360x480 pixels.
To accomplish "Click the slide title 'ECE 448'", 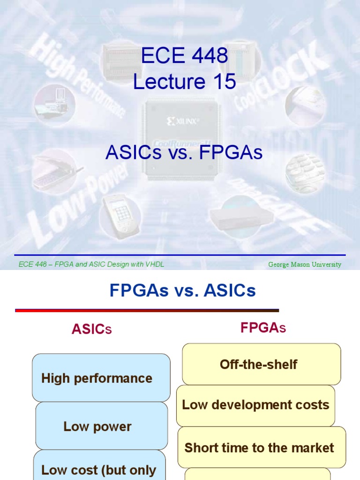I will point(184,57).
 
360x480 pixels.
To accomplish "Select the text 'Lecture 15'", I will point(184,82).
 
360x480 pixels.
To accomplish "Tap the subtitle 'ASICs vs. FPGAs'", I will point(184,152).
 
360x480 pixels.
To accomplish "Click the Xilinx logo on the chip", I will point(183,121).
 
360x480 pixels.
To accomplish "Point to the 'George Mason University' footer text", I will point(304,264).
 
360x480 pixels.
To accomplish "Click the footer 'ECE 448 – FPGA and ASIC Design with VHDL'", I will point(91,264).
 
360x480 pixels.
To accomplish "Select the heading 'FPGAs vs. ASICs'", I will point(182,291).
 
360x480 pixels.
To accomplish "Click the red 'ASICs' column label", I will point(91,329).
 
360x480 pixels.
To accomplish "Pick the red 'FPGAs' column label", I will point(263,328).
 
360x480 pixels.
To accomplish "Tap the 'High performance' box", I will point(101,378).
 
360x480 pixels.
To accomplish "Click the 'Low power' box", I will point(101,426).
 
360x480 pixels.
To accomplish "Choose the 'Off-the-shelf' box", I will point(261,364).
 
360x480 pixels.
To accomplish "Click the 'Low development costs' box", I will point(255,405).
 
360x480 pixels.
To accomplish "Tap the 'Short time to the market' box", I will point(261,448).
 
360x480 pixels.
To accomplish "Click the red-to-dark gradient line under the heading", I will point(147,310).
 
